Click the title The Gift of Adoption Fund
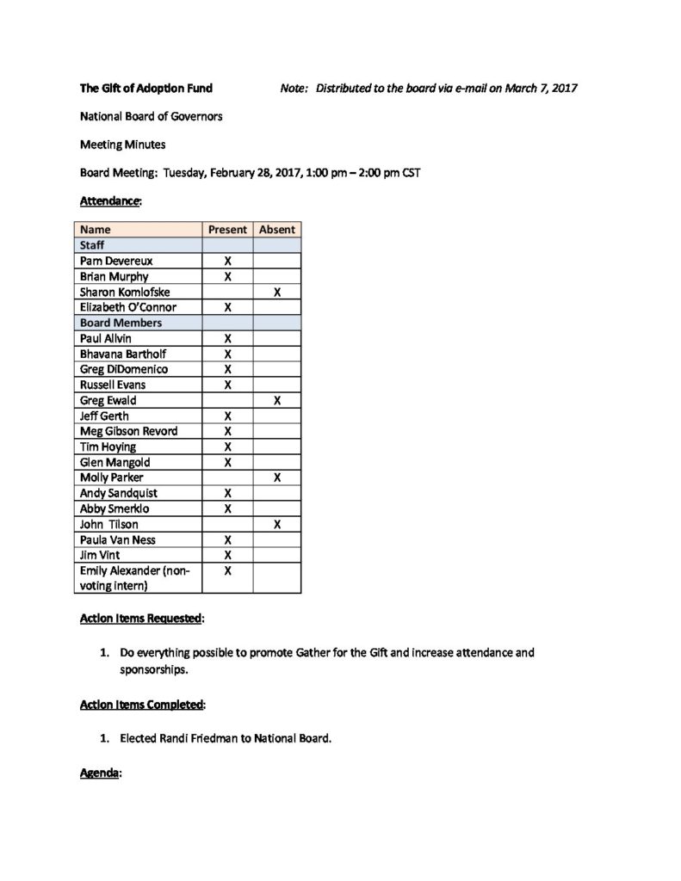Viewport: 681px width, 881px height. click(x=145, y=88)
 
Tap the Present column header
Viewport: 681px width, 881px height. click(x=227, y=230)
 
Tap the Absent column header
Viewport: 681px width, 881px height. click(x=276, y=230)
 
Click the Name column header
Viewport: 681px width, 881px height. click(x=96, y=230)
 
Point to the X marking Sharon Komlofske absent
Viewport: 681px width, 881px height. click(x=276, y=293)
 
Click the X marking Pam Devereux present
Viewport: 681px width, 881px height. click(x=227, y=261)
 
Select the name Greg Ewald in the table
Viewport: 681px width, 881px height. click(x=108, y=400)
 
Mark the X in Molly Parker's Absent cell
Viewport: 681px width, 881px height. click(x=276, y=477)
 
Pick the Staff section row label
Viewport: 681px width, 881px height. click(x=92, y=245)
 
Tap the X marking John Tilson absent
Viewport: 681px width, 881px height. click(x=276, y=524)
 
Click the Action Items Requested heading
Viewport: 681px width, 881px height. click(x=141, y=618)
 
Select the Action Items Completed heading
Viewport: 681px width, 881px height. click(x=142, y=705)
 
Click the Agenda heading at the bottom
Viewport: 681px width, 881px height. click(x=99, y=773)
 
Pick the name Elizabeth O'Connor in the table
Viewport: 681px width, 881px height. click(x=127, y=307)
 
